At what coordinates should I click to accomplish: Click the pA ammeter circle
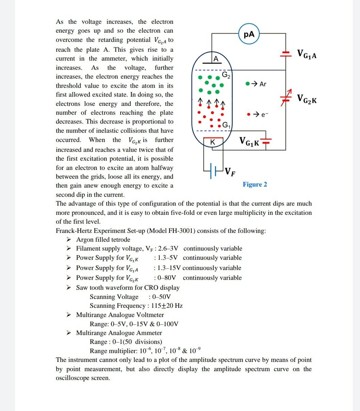(x=249, y=34)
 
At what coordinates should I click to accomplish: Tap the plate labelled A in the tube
(x=215, y=59)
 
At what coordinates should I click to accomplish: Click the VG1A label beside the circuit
(x=307, y=54)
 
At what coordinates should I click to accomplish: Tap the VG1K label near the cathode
(x=249, y=141)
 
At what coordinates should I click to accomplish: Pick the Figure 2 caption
(x=255, y=185)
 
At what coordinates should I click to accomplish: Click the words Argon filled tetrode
(x=103, y=240)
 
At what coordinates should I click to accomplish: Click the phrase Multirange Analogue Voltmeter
(x=120, y=315)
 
